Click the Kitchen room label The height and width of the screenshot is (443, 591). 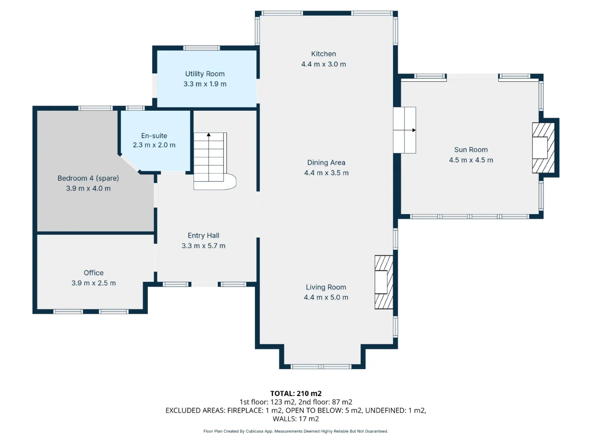click(323, 54)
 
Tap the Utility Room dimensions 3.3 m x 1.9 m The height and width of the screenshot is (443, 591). click(205, 84)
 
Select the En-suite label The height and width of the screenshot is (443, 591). click(154, 136)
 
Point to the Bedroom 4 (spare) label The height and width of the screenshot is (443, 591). click(88, 178)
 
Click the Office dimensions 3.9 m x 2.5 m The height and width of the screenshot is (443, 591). click(93, 283)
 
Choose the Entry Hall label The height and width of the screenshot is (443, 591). click(203, 236)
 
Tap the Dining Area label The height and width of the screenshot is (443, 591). click(326, 162)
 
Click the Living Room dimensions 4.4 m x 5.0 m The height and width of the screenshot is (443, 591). click(326, 297)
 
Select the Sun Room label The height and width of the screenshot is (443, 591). click(471, 150)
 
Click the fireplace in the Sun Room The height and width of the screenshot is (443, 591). click(543, 148)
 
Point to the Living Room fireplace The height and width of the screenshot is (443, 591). click(384, 282)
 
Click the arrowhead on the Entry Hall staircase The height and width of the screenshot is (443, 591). click(209, 134)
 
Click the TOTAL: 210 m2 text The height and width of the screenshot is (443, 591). click(296, 394)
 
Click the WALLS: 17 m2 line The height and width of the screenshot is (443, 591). click(295, 419)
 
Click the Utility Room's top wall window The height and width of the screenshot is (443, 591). click(202, 48)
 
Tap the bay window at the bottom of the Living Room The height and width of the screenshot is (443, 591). click(321, 366)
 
